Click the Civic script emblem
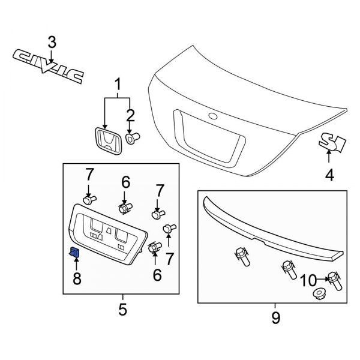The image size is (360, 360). point(48,65)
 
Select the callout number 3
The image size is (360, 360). point(52,42)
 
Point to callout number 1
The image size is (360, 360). point(118,82)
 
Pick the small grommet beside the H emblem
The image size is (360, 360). point(132,137)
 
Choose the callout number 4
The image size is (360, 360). point(329,176)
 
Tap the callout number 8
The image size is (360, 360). point(76,278)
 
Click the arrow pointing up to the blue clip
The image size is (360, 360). point(76,265)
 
